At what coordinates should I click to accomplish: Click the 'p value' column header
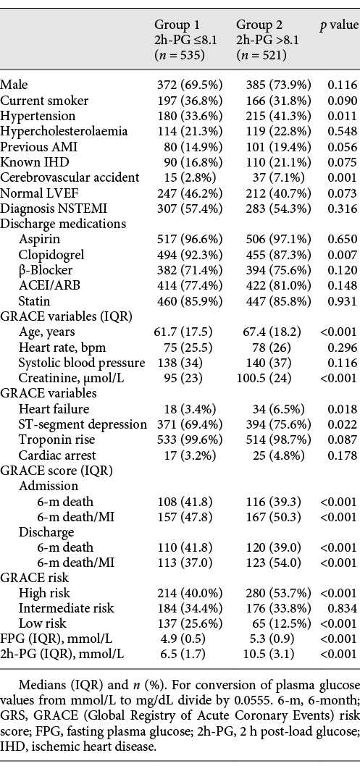(339, 24)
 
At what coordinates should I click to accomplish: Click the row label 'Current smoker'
(44, 101)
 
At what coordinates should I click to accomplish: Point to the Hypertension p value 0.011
(342, 116)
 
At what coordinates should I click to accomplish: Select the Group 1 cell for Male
(190, 85)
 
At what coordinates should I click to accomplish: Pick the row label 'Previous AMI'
(33, 146)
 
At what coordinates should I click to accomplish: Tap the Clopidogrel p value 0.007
(342, 254)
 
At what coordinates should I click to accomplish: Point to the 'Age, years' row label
(46, 331)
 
